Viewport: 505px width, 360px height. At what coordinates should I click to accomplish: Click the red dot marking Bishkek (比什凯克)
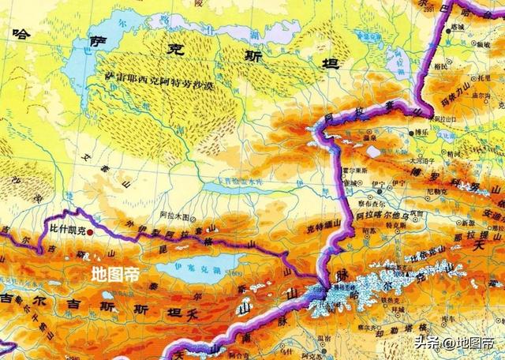(90, 233)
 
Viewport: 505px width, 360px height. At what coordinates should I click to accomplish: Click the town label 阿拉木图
(172, 216)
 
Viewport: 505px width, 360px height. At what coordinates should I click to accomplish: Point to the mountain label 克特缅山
(322, 228)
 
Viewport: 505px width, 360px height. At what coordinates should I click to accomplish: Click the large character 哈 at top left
(21, 34)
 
